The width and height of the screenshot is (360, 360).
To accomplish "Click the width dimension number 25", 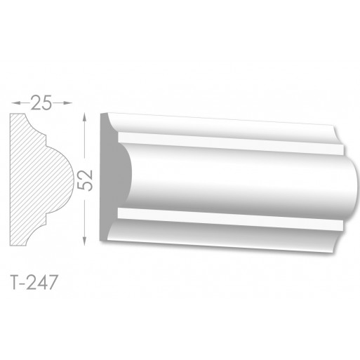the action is pos(41,102).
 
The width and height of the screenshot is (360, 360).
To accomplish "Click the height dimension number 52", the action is pos(85,180).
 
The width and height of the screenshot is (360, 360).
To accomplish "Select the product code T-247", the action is pos(34,282).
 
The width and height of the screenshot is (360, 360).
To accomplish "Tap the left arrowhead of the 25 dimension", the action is pos(15,102).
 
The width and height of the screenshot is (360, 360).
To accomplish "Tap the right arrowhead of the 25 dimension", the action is pos(68,102).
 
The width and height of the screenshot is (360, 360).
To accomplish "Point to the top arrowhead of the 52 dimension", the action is pos(85,117).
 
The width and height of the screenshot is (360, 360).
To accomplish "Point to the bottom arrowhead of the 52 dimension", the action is pos(85,241).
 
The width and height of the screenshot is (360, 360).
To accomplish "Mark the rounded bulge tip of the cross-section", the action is pos(73,180).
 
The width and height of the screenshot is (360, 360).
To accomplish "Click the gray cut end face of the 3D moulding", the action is pos(110,178).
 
